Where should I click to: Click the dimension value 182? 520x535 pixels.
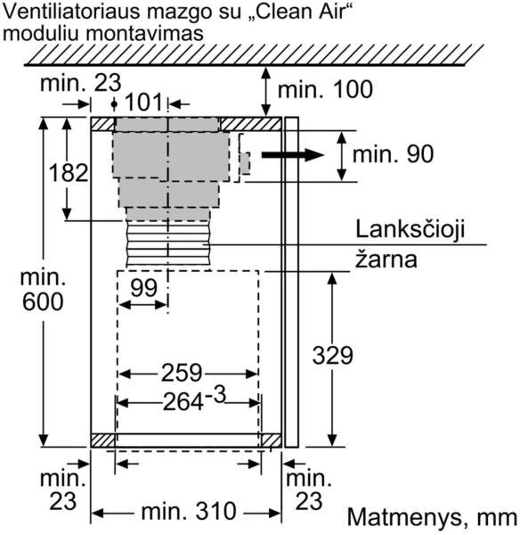[69, 173]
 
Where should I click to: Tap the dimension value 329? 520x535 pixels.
[332, 356]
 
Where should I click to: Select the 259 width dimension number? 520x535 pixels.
[182, 373]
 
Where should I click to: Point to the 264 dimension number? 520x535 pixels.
[183, 402]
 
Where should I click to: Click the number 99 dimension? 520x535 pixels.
[143, 288]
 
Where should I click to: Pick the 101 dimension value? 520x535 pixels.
[143, 103]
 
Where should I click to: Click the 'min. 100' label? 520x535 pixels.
[325, 89]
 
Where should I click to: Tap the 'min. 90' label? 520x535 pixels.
[394, 154]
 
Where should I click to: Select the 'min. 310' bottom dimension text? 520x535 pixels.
[189, 512]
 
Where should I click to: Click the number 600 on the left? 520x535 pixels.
[43, 301]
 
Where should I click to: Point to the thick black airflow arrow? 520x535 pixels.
[292, 155]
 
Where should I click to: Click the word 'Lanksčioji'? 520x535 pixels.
[410, 230]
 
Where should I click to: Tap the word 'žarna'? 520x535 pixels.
[386, 259]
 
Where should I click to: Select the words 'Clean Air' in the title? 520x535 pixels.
[297, 11]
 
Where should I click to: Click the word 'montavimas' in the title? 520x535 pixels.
[144, 34]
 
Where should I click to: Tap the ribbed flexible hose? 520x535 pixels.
[168, 243]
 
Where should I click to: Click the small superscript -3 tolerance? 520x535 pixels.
[215, 395]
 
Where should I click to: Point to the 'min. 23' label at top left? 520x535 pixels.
[80, 83]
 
